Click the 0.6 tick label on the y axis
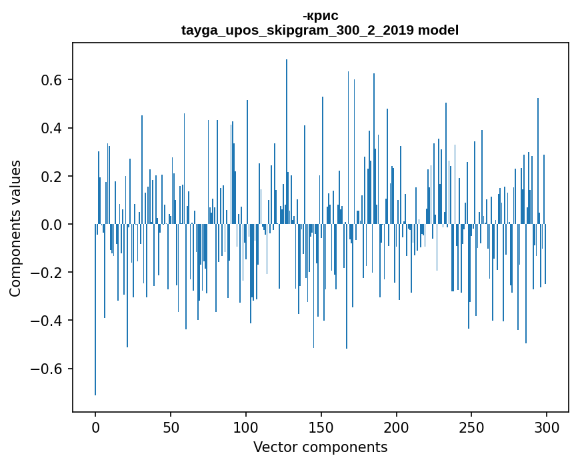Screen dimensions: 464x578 [53, 81]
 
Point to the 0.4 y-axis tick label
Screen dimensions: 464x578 [53, 129]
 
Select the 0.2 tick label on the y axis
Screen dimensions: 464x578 [53, 177]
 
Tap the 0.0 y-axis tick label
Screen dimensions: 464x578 [53, 225]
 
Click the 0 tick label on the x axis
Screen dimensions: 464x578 [95, 427]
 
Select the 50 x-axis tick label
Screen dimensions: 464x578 [171, 427]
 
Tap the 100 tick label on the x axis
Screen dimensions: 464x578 [246, 427]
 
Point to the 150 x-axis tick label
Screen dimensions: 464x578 [321, 427]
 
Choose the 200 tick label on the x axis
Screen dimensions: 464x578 [397, 427]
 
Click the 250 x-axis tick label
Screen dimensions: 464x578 [472, 427]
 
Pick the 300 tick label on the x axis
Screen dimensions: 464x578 [547, 427]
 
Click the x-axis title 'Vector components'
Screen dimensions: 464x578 [320, 447]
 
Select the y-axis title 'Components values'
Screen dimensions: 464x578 [15, 228]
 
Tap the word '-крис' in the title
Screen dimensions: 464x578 [320, 16]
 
